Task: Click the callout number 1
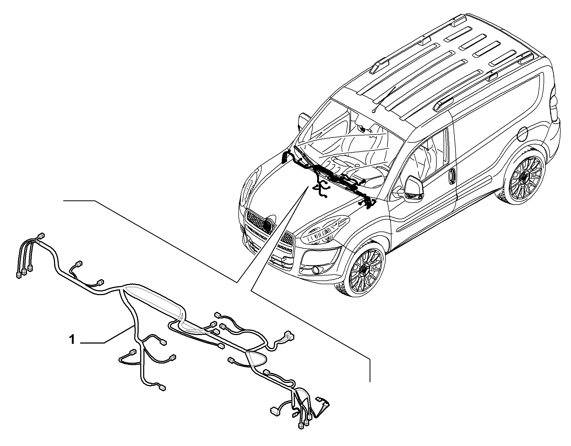click(72, 340)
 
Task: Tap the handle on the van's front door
click(452, 176)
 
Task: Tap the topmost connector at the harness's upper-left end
click(41, 236)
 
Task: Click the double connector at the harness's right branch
click(289, 336)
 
